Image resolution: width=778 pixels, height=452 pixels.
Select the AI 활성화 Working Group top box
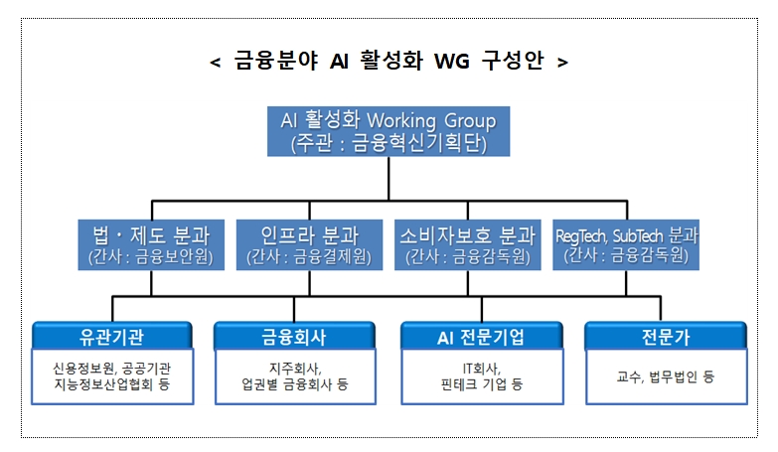tap(389, 131)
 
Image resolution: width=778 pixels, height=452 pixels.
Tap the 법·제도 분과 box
tap(151, 245)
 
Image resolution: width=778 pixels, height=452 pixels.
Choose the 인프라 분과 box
tap(309, 245)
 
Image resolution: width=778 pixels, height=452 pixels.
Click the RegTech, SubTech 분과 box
tap(626, 245)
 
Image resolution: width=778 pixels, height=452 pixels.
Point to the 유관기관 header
tap(111, 336)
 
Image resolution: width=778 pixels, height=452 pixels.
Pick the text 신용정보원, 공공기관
tap(111, 368)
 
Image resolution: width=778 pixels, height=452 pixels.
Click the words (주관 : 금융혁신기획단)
tap(389, 143)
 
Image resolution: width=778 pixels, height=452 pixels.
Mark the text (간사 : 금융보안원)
tap(151, 256)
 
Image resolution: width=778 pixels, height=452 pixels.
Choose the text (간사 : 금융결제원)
tap(309, 256)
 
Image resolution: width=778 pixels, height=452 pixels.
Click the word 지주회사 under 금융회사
tap(295, 368)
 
